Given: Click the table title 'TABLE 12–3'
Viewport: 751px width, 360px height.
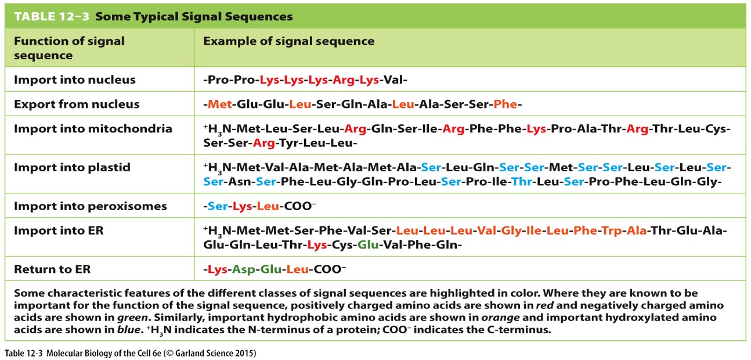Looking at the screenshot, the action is pos(51,16).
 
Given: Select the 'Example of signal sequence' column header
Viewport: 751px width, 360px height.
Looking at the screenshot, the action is pos(288,41).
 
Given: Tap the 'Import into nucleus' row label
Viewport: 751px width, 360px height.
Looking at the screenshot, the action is pos(74,80).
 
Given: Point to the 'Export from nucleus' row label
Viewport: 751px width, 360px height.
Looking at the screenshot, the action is pos(77,104).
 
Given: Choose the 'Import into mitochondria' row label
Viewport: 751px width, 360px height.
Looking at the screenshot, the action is pos(93,128).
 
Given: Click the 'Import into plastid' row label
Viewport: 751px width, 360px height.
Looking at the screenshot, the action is pos(72,167).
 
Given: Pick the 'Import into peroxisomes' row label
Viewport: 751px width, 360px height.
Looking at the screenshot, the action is pos(90,206).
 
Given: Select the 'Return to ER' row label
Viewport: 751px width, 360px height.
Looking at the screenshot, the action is pos(52,269).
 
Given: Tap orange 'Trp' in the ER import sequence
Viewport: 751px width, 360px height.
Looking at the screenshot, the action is pos(613,231).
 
